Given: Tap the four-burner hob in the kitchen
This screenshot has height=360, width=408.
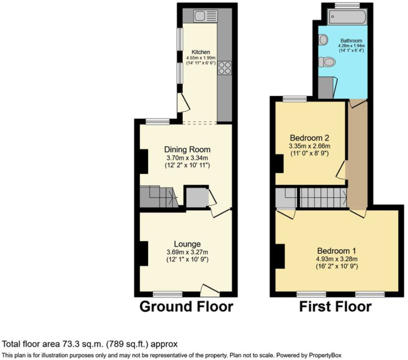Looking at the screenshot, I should (224, 68).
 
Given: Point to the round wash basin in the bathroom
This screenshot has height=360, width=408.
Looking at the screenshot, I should (323, 39).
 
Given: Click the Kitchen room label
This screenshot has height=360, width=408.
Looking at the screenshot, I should (200, 52).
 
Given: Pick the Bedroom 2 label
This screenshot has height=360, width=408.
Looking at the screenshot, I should (310, 138).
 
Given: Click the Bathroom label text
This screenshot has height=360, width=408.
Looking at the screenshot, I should (351, 41).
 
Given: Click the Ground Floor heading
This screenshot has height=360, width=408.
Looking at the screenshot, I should (186, 307).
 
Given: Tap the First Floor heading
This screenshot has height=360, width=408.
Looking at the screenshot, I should (335, 307).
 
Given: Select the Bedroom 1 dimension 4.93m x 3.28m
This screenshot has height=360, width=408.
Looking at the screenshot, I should (337, 259).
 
